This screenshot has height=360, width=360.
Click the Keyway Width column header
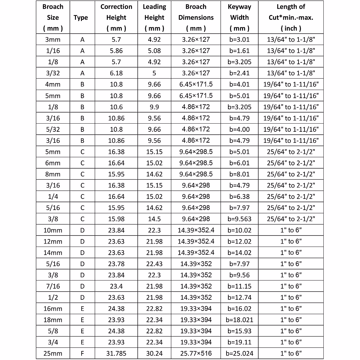click(x=239, y=17)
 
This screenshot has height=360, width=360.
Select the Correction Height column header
click(x=116, y=17)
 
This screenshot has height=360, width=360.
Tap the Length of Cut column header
click(x=291, y=17)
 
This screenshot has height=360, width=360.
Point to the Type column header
click(x=81, y=18)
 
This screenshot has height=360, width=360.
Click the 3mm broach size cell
click(x=53, y=40)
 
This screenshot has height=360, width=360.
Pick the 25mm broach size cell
click(x=53, y=353)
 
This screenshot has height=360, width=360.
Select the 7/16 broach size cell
click(x=53, y=286)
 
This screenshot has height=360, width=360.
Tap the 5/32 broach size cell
click(x=53, y=129)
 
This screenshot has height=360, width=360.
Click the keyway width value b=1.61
click(x=239, y=51)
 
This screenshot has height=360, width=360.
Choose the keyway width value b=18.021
click(x=239, y=320)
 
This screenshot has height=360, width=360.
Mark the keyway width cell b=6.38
click(x=239, y=196)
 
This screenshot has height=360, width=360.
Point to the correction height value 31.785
click(x=116, y=353)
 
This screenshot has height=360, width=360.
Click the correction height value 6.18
click(x=116, y=73)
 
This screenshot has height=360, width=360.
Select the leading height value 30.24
click(x=154, y=353)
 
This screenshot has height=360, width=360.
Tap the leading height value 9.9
click(x=154, y=107)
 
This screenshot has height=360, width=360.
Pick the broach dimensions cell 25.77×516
click(x=196, y=353)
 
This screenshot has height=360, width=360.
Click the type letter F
click(x=82, y=353)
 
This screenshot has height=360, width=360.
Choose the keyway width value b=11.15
click(x=239, y=286)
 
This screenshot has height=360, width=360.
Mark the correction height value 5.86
click(x=116, y=51)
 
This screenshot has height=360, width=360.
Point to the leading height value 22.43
click(x=154, y=264)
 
